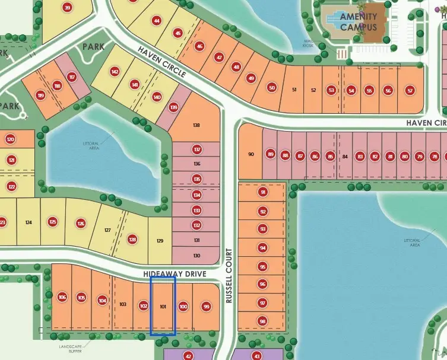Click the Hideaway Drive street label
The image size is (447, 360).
175,274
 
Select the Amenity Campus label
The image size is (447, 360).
358,21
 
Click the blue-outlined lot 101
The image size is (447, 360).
163,306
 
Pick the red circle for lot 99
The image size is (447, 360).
207,307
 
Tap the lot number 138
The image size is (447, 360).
197,125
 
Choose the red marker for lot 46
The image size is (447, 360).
199,46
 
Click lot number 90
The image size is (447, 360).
251,154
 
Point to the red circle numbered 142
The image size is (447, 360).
115,72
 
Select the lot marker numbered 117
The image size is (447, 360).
72,77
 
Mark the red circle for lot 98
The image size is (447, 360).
263,321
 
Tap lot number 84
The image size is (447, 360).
345,157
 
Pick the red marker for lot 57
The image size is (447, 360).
410,90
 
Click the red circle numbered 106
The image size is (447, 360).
62,297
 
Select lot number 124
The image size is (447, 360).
28,222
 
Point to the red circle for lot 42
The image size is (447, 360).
188,356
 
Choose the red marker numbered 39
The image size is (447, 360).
67,8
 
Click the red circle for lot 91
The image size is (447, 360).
263,192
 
